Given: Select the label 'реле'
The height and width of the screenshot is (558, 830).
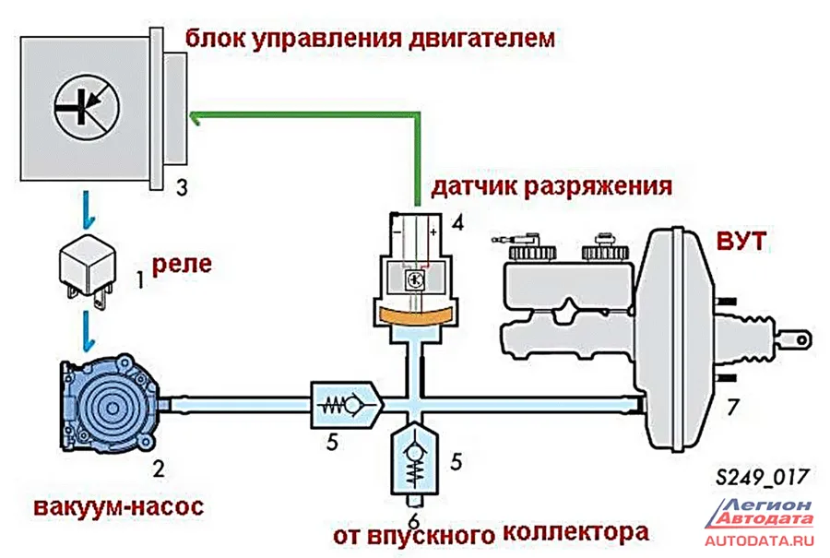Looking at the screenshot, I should point(181,265).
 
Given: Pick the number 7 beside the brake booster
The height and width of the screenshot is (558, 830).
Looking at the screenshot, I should point(733,406).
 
